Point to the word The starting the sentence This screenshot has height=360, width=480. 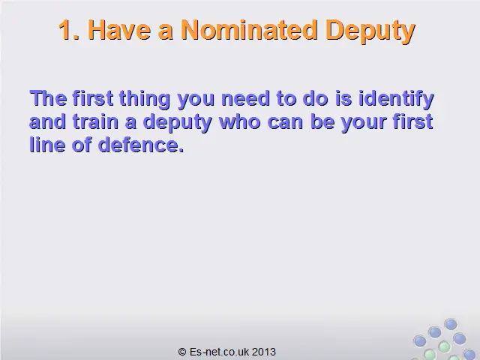tap(48, 98)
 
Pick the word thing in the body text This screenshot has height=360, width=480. tap(144, 100)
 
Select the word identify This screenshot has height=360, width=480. tap(396, 100)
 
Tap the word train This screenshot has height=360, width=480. tap(95, 121)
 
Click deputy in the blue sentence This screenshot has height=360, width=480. tap(178, 123)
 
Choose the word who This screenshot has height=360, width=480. tap(240, 121)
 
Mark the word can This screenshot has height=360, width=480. tap(286, 123)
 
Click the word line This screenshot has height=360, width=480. tap(47, 145)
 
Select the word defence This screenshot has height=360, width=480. tap(141, 145)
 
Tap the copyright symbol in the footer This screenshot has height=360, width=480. tap(182, 352)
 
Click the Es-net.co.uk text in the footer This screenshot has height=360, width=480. tap(219, 352)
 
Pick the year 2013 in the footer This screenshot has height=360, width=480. tap(264, 352)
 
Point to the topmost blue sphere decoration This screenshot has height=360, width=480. tap(451, 324)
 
